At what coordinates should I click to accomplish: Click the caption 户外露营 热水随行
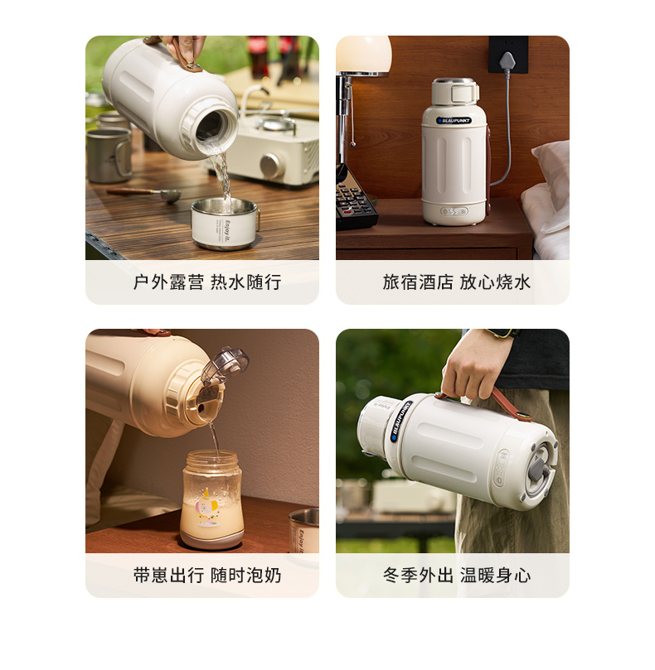tap(207, 282)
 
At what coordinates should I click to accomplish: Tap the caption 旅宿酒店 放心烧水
tap(457, 282)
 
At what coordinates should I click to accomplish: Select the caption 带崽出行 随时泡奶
tap(207, 576)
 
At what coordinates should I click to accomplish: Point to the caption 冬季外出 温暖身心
tap(457, 576)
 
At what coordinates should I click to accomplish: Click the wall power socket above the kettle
tap(508, 55)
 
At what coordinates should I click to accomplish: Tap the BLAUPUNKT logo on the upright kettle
tap(454, 120)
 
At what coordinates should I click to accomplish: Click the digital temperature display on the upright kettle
tap(454, 211)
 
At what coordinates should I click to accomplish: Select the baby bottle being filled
tap(211, 499)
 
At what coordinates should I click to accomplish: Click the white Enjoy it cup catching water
tap(225, 224)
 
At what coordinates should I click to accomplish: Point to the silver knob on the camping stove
tap(272, 166)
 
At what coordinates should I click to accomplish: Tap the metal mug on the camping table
tap(109, 155)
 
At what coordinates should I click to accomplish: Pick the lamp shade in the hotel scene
tap(364, 55)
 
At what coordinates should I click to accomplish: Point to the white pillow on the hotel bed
tap(553, 186)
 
